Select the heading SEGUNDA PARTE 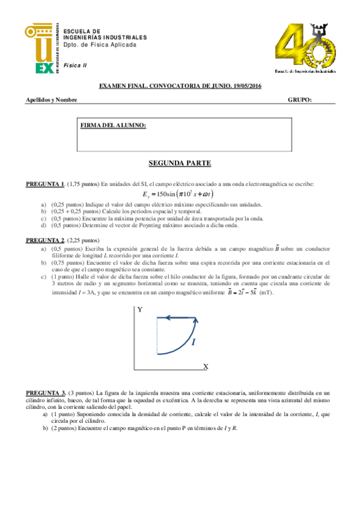[180, 163]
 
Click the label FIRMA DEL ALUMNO [113, 125]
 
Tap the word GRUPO [299, 100]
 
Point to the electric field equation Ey [178, 194]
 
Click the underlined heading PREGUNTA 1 [45, 183]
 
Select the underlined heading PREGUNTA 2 [45, 240]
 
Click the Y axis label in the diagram [139, 310]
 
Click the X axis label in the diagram [205, 366]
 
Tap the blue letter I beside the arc [194, 342]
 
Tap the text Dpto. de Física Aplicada [100, 45]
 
